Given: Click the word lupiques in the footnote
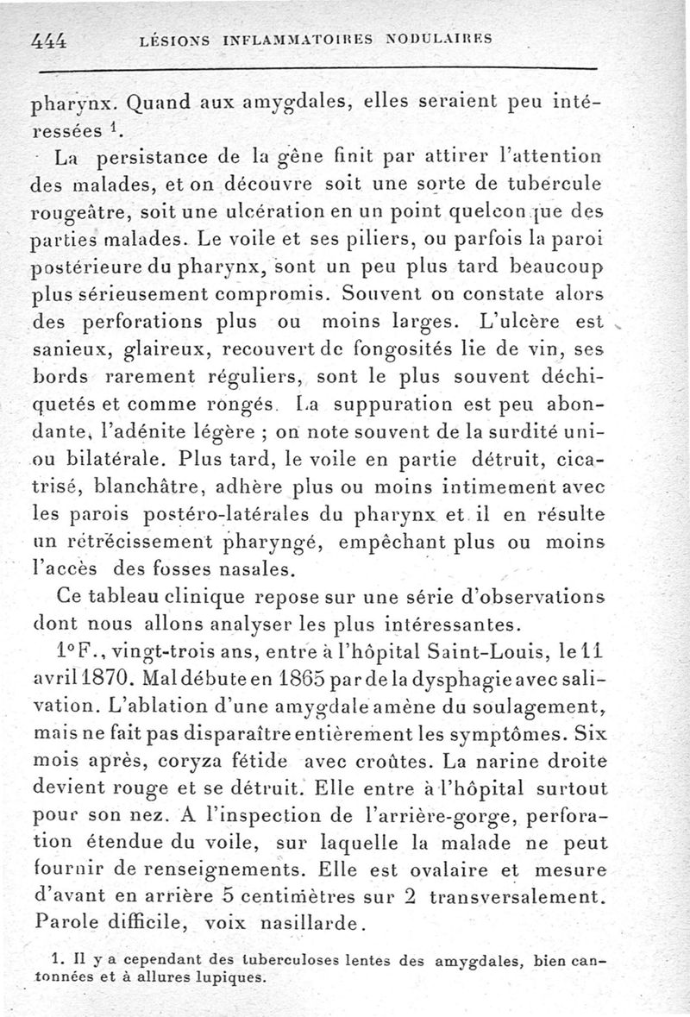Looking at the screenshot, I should pos(229,979).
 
